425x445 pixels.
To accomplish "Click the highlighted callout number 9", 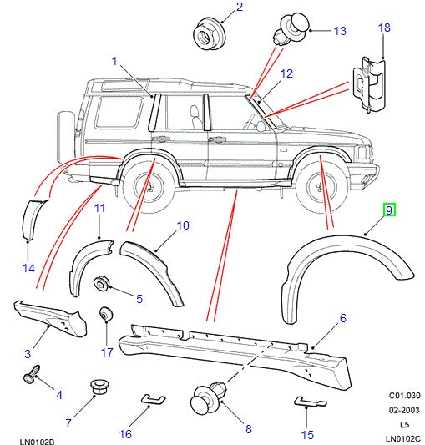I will point(389,211).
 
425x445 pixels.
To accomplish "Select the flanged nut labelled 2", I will point(203,33).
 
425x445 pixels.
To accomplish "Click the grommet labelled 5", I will point(104,285).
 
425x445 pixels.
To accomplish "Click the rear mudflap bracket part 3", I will point(50,316).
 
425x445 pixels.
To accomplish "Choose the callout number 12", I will point(286,74).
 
